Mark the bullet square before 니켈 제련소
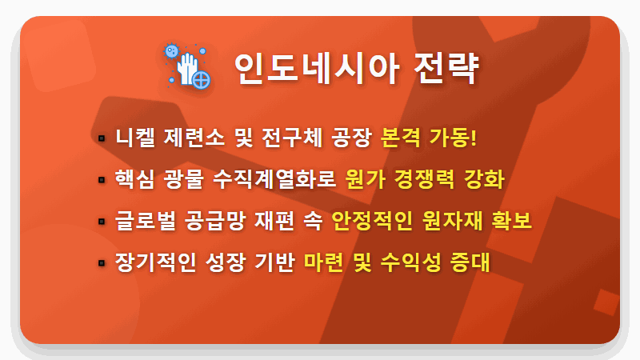(x=102, y=138)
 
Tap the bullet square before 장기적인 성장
(x=102, y=262)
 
